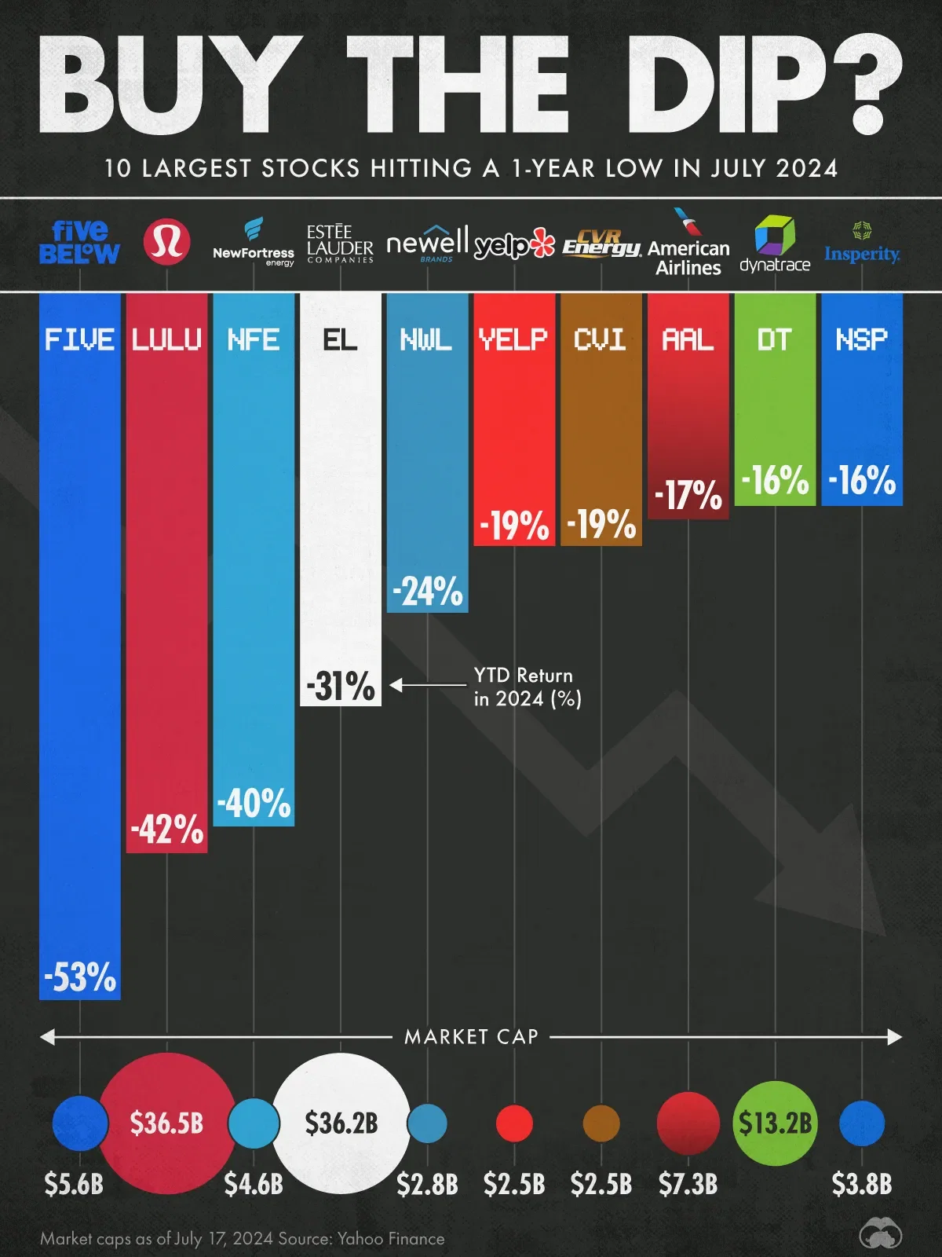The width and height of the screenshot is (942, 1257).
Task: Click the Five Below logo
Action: click(79, 242)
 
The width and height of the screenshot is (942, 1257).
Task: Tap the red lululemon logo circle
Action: click(166, 241)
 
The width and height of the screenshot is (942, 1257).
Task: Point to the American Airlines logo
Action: click(688, 245)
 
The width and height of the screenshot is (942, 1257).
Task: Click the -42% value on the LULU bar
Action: click(167, 830)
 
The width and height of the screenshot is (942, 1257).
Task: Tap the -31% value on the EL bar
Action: click(341, 686)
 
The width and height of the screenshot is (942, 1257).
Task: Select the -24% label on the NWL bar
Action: click(428, 592)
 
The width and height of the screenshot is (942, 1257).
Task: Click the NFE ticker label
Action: click(254, 339)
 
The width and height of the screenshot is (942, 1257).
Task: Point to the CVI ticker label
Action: click(601, 339)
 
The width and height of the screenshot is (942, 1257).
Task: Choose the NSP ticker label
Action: click(861, 339)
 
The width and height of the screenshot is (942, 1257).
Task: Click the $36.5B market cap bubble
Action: click(166, 1123)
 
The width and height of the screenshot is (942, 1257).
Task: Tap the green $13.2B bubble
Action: click(775, 1123)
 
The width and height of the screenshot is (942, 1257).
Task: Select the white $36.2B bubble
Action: click(341, 1123)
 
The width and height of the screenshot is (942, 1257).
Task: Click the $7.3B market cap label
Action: click(688, 1184)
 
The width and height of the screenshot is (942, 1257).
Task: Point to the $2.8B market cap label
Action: click(428, 1184)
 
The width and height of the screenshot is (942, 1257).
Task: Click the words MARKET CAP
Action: click(471, 1037)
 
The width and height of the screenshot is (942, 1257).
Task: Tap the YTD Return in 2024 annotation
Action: click(524, 687)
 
